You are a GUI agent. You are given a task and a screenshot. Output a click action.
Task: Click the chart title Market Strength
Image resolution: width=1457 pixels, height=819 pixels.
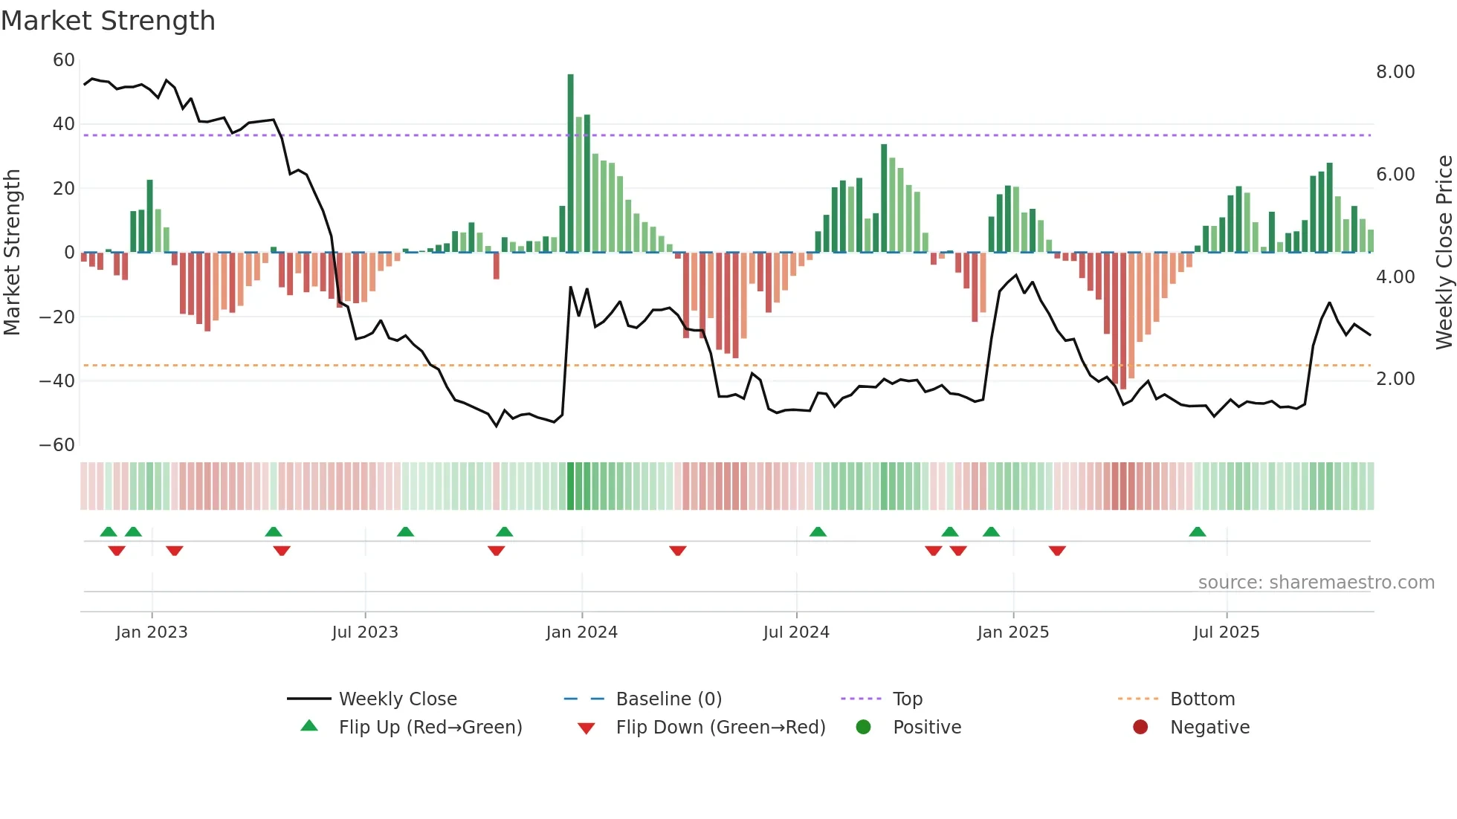point(108,21)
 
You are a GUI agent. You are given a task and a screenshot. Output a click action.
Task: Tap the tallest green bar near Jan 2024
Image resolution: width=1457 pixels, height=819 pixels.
point(570,164)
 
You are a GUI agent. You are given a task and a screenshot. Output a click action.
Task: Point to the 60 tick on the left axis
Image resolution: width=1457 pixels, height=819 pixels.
point(64,60)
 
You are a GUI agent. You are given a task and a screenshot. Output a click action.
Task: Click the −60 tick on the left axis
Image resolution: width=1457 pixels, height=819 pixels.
point(57,445)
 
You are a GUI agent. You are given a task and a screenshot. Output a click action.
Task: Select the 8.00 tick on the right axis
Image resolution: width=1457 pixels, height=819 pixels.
point(1395,72)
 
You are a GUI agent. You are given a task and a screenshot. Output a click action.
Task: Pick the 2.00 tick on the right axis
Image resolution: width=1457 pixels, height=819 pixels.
point(1395,379)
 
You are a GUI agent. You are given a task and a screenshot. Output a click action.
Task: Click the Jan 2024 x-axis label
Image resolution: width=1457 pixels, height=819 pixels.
point(581,632)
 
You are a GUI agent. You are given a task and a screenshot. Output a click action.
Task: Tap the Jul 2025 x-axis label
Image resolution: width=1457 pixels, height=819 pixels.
point(1226,632)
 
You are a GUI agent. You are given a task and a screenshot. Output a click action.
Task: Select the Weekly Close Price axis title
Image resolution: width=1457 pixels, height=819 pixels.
point(1444,253)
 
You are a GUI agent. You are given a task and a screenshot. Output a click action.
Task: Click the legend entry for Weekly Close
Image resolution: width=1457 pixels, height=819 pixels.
point(398,699)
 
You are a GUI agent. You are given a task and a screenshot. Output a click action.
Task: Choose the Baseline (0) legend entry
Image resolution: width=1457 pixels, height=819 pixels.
point(668,699)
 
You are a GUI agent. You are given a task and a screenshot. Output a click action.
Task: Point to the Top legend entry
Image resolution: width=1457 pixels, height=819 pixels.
point(907,699)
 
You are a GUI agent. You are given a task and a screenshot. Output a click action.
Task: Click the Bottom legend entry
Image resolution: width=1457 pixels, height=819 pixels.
point(1202,699)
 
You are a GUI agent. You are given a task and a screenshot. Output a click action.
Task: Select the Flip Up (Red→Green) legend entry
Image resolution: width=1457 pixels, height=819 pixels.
point(430,728)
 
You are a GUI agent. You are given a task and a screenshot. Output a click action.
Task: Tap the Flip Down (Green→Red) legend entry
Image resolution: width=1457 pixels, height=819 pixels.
point(720,728)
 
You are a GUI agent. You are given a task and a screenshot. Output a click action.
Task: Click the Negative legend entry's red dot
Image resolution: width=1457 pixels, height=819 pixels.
point(1140,728)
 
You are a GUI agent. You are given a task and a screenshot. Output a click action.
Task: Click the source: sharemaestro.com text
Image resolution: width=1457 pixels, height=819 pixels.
point(1316,583)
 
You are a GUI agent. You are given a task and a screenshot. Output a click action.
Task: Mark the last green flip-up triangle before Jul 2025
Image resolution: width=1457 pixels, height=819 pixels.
point(1197,532)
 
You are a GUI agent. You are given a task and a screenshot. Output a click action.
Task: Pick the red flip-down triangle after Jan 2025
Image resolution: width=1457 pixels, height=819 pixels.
point(1057,551)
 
